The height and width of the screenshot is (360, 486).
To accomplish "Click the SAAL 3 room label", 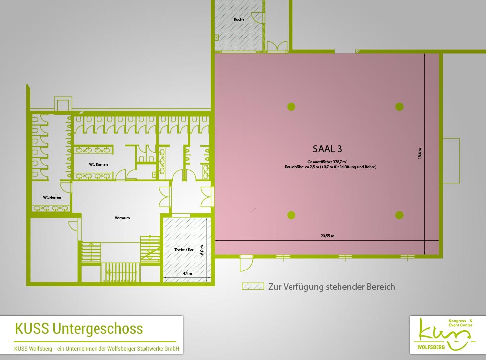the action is tap(327, 149).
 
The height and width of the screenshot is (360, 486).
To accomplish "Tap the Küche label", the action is tap(239, 19).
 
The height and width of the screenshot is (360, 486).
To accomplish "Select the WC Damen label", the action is tap(98, 164).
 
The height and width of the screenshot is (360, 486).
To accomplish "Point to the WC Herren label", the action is tap(52, 197).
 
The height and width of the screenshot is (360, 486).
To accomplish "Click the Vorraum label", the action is tap(122, 218).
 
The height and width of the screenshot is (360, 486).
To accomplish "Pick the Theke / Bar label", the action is tap(184, 250).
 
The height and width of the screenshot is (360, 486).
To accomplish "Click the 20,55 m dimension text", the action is tap(327, 236).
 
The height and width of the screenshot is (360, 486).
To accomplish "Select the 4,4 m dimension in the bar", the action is tap(187, 273).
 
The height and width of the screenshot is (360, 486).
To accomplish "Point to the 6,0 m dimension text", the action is tap(202, 250).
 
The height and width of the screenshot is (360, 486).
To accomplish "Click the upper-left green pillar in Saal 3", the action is tap(291, 107).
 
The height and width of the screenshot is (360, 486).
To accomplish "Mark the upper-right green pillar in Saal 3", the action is tap(399, 107).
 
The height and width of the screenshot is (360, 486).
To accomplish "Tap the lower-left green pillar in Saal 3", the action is tap(291, 215).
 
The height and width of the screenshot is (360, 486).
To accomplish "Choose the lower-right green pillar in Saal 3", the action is tap(399, 215).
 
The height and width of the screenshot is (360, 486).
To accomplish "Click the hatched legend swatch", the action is tap(253, 286).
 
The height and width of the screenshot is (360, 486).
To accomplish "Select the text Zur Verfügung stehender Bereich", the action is tap(332, 287).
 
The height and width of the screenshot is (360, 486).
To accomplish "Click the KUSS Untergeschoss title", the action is tap(79, 329).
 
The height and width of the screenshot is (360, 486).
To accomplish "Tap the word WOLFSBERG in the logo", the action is tap(431, 347).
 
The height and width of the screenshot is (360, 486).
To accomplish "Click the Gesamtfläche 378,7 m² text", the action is tap(327, 162).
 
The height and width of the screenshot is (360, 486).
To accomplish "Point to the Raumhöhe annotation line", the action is tap(331, 167).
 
